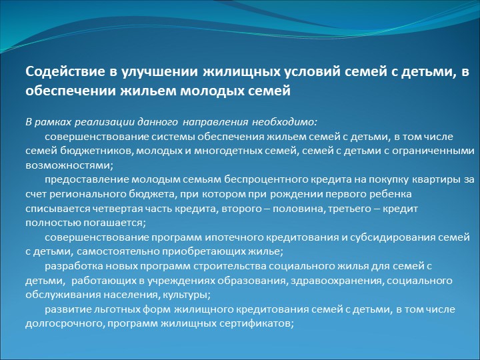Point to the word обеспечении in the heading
coord(71,91)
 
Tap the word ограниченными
coord(433,151)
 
